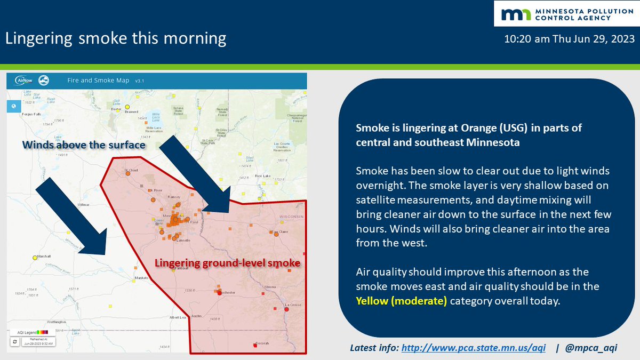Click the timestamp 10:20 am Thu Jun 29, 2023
[x=570, y=39]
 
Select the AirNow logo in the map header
[x=22, y=81]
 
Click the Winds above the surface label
[x=84, y=145]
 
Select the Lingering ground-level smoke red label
[x=227, y=263]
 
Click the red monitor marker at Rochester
[x=219, y=292]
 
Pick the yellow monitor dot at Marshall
[x=35, y=257]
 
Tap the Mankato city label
[x=141, y=278]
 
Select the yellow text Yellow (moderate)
[x=401, y=301]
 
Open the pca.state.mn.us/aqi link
[x=473, y=348]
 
